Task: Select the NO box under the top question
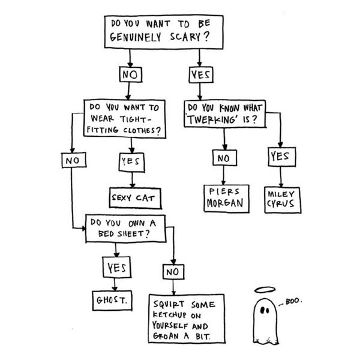click(130, 76)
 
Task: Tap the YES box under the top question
click(199, 76)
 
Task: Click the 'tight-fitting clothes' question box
click(124, 118)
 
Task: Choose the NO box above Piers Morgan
click(223, 158)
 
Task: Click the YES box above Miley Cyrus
click(280, 157)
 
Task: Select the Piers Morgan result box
click(224, 197)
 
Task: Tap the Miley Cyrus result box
click(282, 199)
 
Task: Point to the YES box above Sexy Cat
click(130, 161)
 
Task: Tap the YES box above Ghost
click(114, 268)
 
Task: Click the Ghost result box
click(112, 298)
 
